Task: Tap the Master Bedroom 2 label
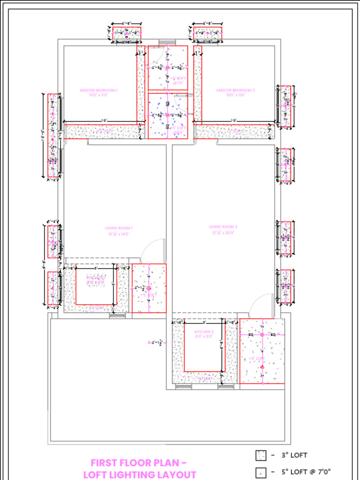[x=235, y=92]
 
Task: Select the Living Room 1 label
[x=119, y=231]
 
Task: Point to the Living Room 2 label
[x=224, y=229]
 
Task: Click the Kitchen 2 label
[x=204, y=334]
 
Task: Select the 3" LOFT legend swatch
[x=261, y=455]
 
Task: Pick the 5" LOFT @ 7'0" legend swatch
[x=261, y=472]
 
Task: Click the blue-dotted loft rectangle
[x=168, y=116]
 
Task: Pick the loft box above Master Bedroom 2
[x=208, y=33]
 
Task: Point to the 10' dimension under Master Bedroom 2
[x=233, y=121]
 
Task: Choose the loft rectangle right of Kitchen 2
[x=262, y=351]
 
